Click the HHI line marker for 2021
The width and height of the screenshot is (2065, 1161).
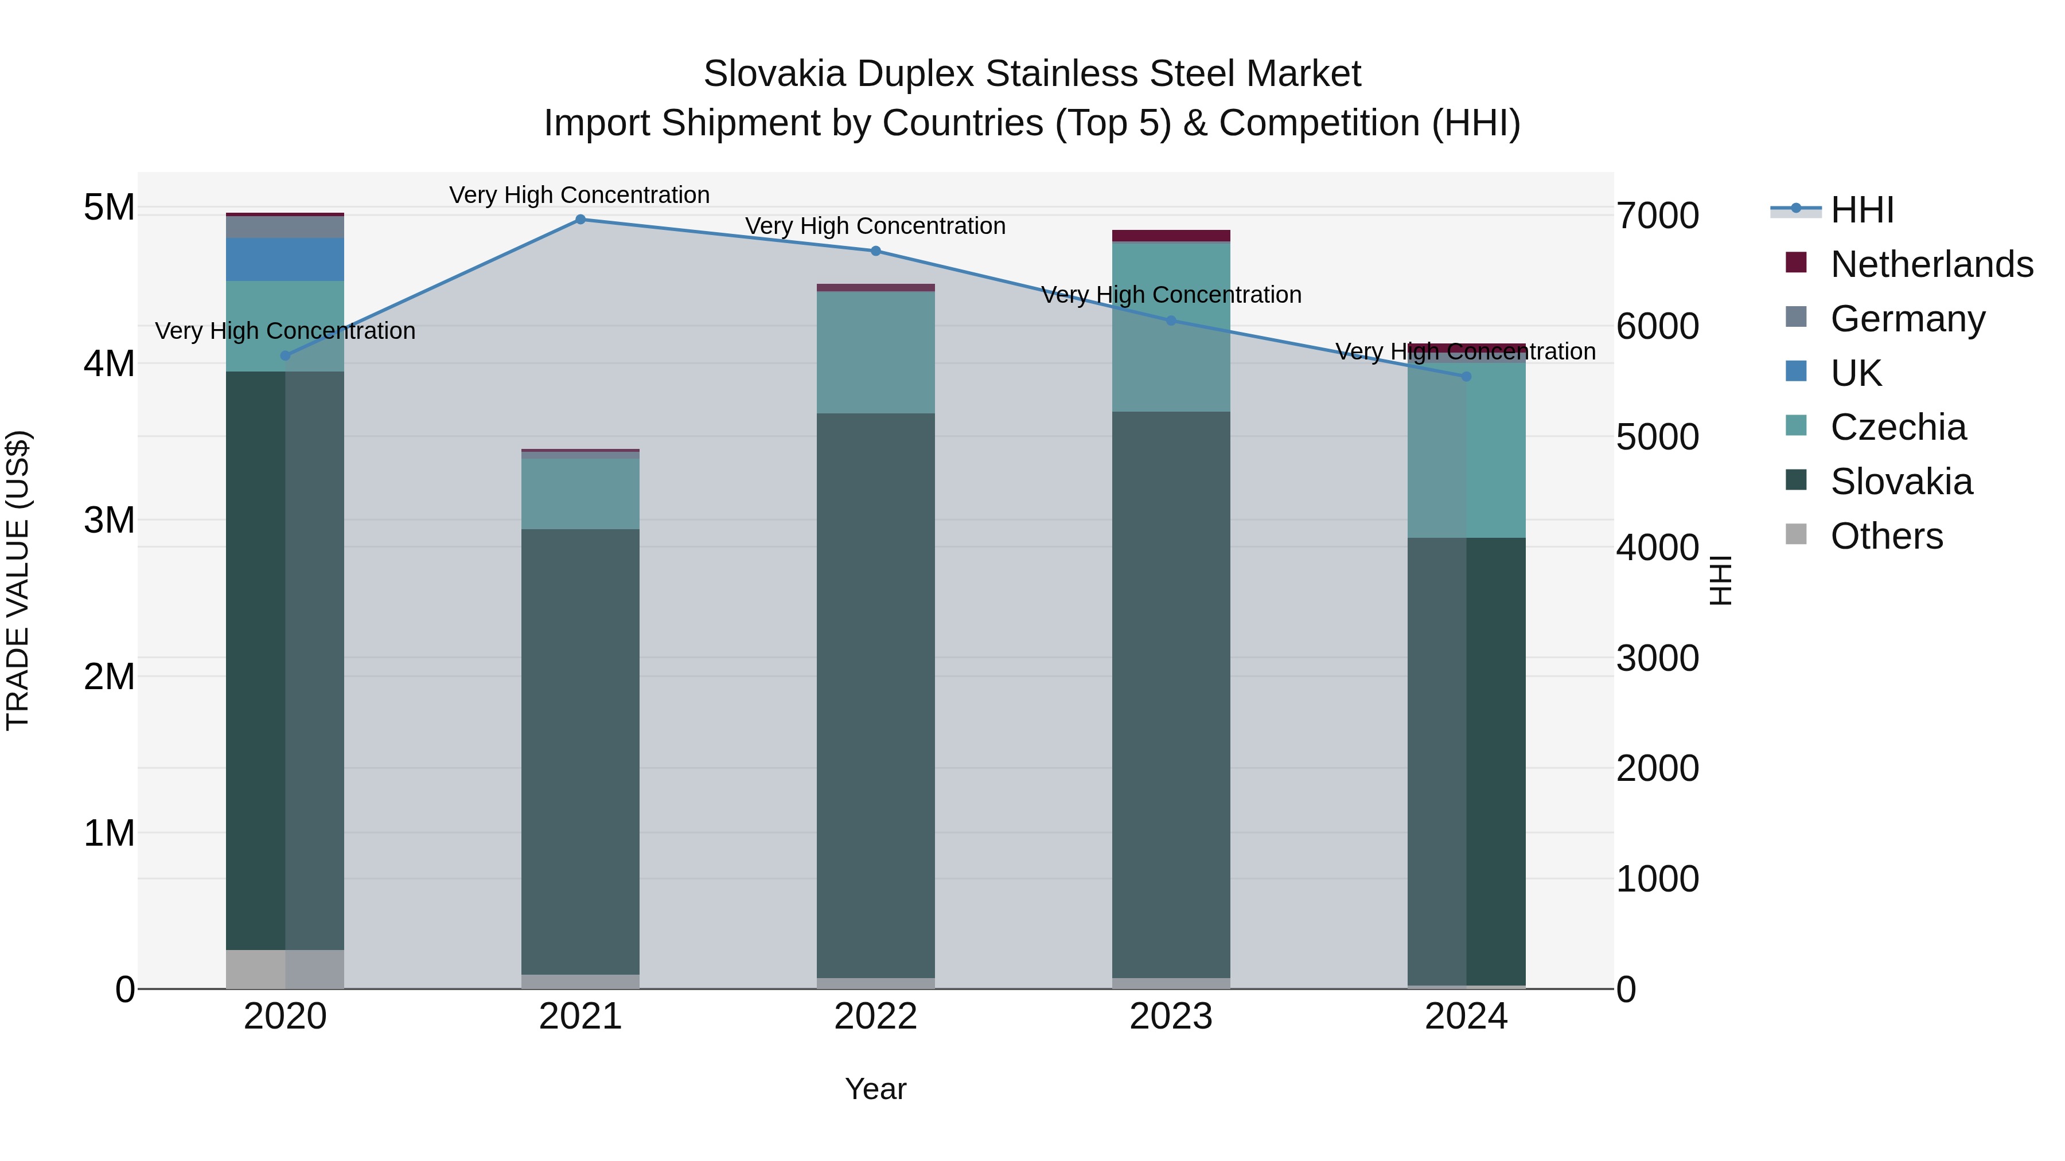pos(580,220)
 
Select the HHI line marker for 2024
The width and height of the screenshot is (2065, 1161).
pos(1466,377)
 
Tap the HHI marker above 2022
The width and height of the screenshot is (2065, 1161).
pos(875,251)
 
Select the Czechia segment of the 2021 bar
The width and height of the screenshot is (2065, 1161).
pos(580,494)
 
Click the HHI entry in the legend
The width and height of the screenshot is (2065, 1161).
pos(1862,210)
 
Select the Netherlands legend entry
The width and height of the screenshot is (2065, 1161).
pos(1931,264)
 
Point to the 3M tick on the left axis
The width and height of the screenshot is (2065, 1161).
pos(109,520)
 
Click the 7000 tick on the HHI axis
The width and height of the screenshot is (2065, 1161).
pos(1657,216)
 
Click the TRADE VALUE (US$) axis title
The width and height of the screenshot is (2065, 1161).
pos(18,580)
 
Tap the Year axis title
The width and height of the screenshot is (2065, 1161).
pos(875,1089)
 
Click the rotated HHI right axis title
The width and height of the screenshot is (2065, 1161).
pos(1720,580)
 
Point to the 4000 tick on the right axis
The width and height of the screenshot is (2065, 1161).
pos(1657,548)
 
